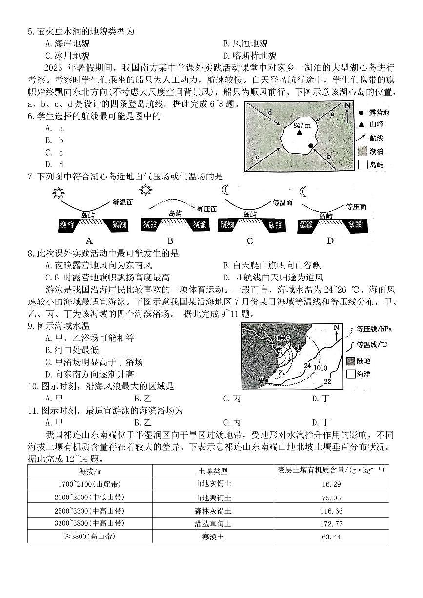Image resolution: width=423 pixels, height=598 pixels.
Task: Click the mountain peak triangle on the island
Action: [x=299, y=132]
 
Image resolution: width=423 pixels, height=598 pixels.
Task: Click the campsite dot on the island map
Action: [x=311, y=146]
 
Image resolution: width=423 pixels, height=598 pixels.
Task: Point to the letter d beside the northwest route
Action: [x=269, y=113]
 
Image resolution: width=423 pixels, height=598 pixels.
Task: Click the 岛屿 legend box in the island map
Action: [x=362, y=165]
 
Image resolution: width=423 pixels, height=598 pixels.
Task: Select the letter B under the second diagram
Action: [x=170, y=240]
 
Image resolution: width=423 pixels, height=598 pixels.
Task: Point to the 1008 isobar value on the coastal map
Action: [x=282, y=338]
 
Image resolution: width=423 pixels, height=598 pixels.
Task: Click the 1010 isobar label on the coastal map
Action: [x=320, y=368]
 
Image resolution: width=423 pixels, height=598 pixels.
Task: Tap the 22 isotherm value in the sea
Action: [x=327, y=381]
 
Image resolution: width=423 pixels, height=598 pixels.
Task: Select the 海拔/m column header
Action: [x=90, y=471]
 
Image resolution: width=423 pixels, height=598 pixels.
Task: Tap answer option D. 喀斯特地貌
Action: [x=250, y=56]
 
